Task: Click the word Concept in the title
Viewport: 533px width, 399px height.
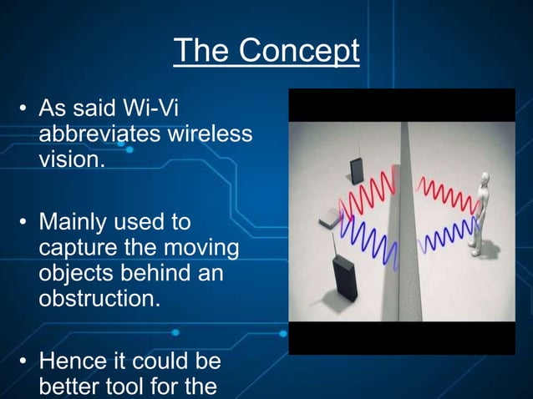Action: pos(298,52)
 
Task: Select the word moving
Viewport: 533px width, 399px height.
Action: pos(198,248)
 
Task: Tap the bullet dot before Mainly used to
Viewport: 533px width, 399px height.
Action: pos(24,223)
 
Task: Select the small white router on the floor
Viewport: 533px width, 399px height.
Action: pos(331,220)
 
